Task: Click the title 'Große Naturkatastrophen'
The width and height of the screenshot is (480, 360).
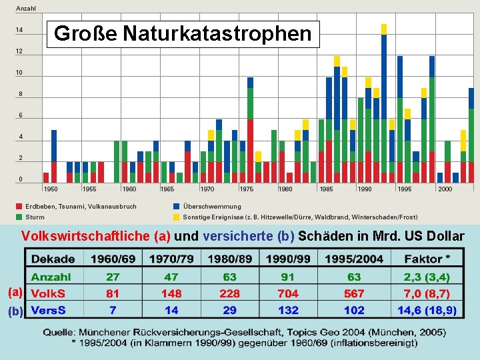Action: point(183,33)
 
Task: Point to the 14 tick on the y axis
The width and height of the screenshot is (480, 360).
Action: point(20,30)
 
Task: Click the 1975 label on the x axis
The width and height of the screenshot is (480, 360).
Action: point(247,189)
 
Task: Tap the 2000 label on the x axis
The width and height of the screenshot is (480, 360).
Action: point(445,189)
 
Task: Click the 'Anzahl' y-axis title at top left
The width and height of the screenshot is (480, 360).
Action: point(26,9)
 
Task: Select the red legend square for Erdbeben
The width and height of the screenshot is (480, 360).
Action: point(19,207)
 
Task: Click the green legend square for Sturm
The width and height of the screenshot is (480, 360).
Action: point(19,217)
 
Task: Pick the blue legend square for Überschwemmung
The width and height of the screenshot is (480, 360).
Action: point(177,207)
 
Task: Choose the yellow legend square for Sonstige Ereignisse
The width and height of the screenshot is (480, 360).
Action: point(177,217)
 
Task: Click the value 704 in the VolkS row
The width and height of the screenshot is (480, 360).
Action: point(288,293)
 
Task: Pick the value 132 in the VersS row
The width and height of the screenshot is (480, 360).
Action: point(288,310)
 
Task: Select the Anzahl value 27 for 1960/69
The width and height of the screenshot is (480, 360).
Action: point(113,277)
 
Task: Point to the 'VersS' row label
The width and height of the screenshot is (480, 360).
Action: point(48,310)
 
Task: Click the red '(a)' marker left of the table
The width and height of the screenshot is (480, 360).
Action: point(15,292)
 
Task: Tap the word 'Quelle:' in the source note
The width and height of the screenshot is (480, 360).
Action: point(63,331)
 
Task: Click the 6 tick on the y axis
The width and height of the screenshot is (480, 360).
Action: point(20,115)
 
